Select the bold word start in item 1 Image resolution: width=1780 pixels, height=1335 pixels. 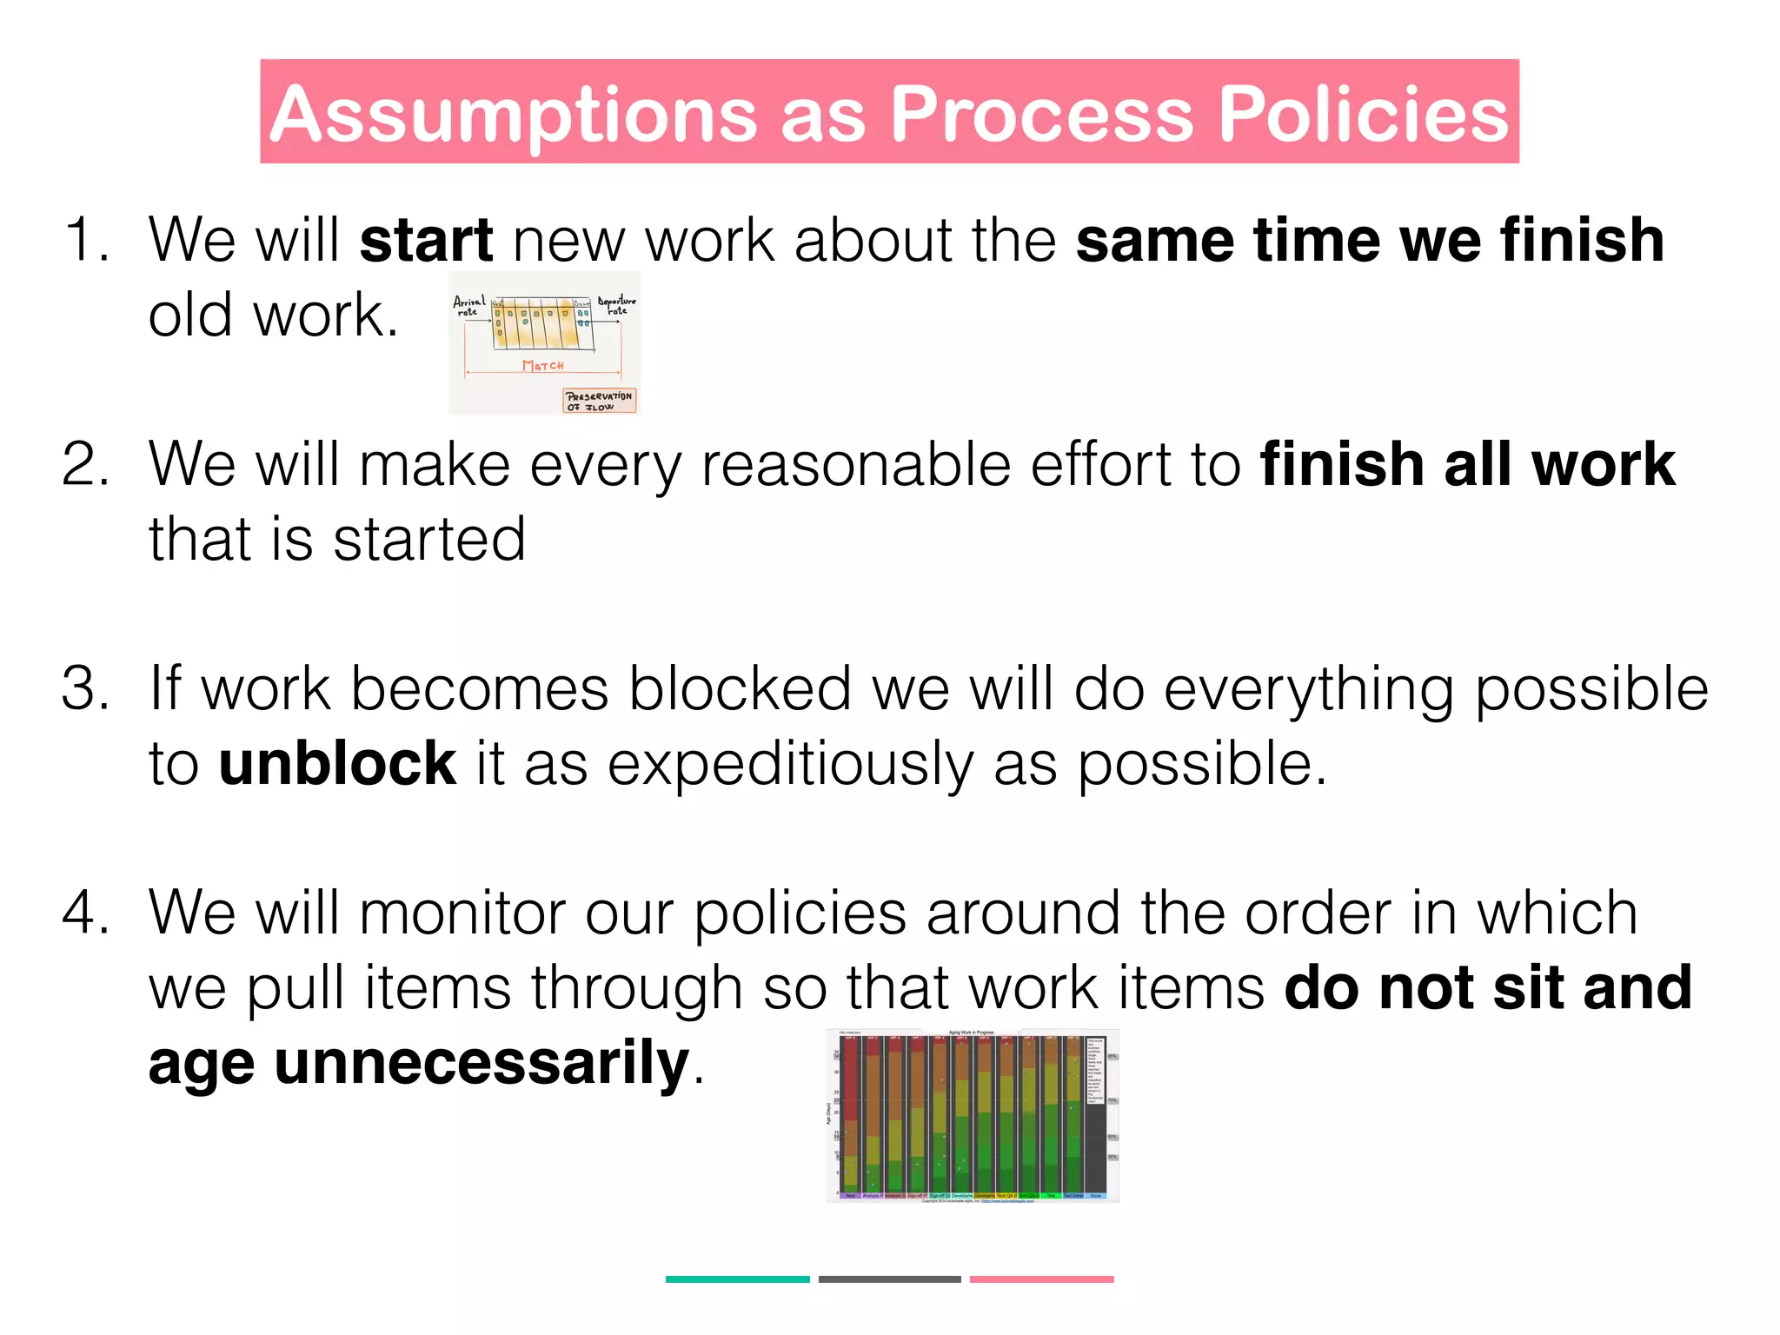tap(426, 240)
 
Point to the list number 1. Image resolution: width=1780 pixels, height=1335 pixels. tap(85, 240)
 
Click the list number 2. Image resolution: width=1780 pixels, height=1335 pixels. tap(85, 464)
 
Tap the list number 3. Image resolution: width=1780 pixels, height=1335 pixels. tap(85, 688)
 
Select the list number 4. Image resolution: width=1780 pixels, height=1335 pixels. tap(85, 913)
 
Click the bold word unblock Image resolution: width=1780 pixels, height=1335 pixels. tap(337, 763)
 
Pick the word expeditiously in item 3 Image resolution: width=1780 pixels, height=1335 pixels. tap(789, 765)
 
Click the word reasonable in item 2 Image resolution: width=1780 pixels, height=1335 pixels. tap(855, 464)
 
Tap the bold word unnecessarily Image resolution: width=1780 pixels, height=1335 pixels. tap(482, 1062)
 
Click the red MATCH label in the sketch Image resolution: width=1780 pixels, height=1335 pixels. tap(543, 366)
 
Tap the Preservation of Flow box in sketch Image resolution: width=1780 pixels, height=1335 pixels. tap(600, 401)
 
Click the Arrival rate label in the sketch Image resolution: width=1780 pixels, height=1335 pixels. tap(469, 305)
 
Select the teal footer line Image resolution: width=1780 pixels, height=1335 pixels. tap(737, 1279)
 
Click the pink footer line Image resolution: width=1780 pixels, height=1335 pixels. tap(1041, 1279)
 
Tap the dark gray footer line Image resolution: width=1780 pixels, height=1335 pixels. tap(889, 1279)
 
